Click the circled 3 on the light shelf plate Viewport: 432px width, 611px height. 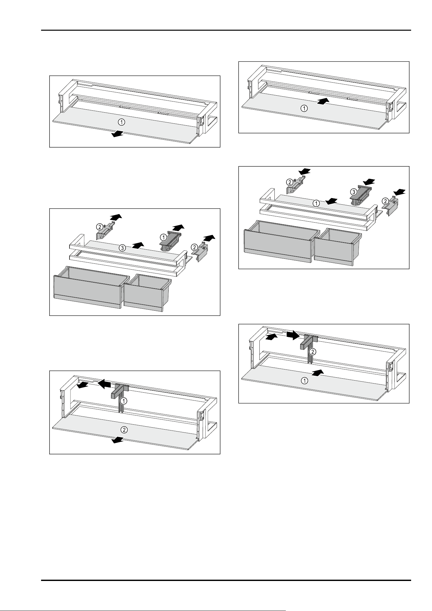click(122, 248)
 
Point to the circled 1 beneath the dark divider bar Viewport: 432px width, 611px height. click(123, 400)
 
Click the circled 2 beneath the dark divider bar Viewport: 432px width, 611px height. click(312, 352)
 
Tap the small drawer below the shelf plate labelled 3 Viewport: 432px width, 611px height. click(147, 292)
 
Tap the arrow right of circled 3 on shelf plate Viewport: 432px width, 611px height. click(138, 244)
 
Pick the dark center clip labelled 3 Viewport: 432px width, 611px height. click(361, 195)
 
